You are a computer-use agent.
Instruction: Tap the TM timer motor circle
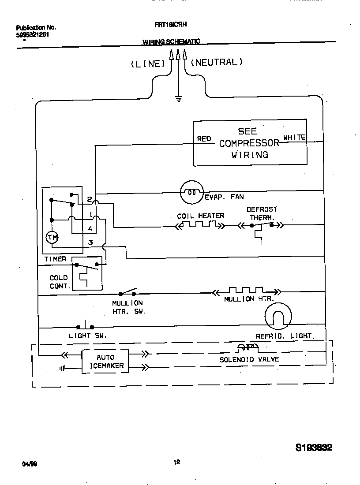[52, 238]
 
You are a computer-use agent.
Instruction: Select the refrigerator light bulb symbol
[278, 316]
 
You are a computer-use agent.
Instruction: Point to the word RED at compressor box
[204, 139]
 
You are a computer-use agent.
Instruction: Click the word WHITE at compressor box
[294, 138]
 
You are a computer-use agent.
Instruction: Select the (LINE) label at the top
[148, 64]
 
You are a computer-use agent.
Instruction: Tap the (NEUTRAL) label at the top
[217, 63]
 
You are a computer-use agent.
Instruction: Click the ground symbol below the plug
[179, 99]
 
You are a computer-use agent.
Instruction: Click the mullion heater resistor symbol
[246, 291]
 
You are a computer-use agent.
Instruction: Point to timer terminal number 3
[90, 242]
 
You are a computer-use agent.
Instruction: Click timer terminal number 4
[90, 229]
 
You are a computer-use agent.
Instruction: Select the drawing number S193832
[314, 448]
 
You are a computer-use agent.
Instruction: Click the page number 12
[176, 463]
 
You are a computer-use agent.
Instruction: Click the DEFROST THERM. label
[262, 213]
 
